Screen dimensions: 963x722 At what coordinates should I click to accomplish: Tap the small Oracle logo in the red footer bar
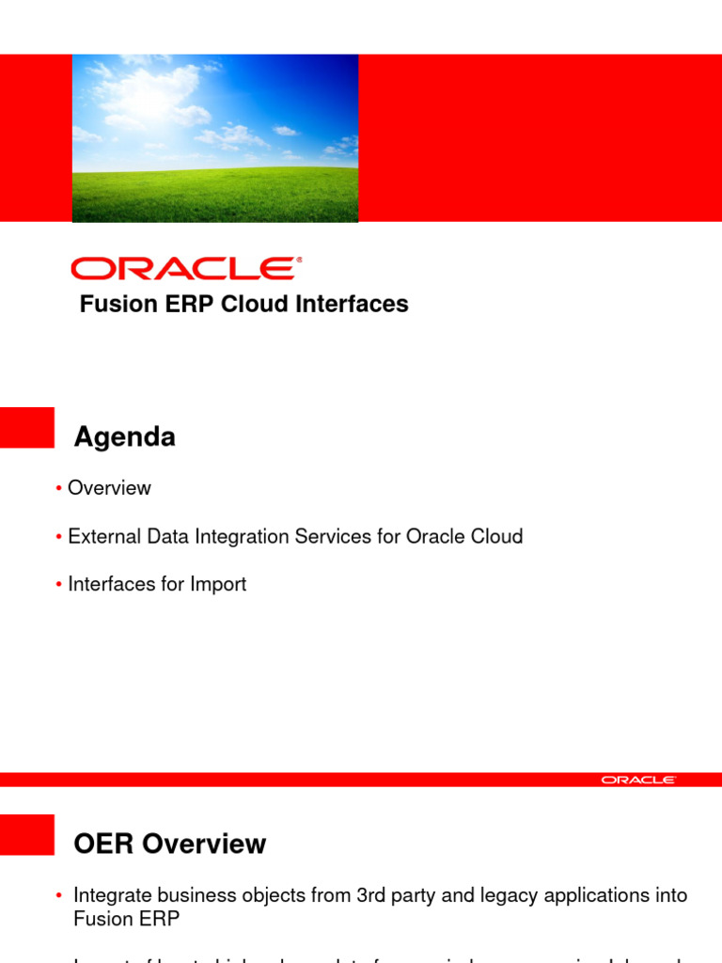point(638,780)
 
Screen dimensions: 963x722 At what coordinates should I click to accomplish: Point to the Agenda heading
point(124,437)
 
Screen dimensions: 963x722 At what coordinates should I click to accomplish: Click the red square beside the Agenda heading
point(26,427)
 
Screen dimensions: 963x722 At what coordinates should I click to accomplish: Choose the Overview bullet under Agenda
point(109,488)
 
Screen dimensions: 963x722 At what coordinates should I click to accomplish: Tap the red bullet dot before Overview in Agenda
point(59,489)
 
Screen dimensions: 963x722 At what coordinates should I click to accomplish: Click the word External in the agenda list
point(102,537)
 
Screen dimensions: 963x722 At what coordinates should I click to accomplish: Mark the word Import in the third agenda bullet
point(217,584)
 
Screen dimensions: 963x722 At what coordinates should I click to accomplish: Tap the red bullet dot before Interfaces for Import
point(59,585)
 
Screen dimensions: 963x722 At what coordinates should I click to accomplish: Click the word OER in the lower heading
point(104,845)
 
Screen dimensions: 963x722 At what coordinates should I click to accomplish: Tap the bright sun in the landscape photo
point(151,89)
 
